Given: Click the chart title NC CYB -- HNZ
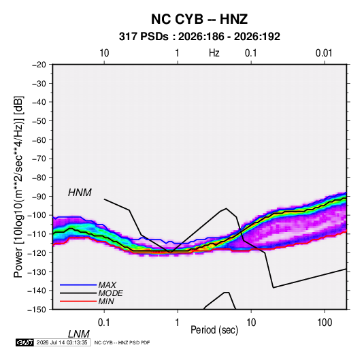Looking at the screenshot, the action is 199,19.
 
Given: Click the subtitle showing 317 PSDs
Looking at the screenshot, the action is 199,37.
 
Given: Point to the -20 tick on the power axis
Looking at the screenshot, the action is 39,65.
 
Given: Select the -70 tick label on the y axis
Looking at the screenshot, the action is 39,159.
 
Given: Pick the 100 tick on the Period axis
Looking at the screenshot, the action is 325,323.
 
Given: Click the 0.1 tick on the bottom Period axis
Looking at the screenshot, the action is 104,323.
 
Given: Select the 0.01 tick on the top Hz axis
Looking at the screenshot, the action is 324,53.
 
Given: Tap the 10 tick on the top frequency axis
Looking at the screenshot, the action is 104,53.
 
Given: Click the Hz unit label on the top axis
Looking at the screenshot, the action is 214,53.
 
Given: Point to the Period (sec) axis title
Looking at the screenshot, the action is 214,330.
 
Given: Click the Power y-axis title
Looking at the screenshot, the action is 18,186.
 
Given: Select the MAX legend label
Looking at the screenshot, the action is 107,285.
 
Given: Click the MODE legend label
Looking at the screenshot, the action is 110,293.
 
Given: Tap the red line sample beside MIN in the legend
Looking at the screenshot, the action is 78,301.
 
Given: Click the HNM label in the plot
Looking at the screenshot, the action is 80,193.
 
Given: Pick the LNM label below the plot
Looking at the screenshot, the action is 78,334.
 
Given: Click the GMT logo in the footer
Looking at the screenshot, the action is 25,342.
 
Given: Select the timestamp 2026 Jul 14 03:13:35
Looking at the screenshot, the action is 62,342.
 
